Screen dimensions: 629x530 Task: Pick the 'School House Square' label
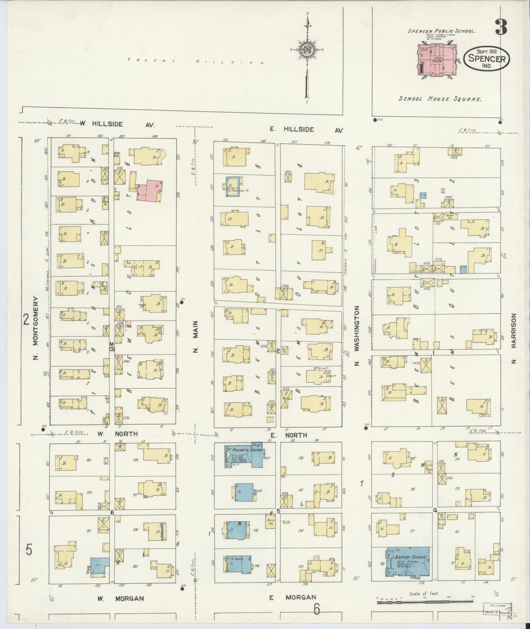click(x=440, y=99)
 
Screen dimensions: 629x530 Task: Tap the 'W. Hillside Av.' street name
click(x=117, y=124)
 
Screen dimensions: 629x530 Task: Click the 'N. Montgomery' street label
click(x=35, y=328)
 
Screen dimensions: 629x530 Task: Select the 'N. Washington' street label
click(x=358, y=336)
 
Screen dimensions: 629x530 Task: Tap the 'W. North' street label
click(x=117, y=434)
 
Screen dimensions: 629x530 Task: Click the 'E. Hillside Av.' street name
click(x=306, y=130)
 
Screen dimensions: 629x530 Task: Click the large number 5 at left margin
click(x=29, y=550)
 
